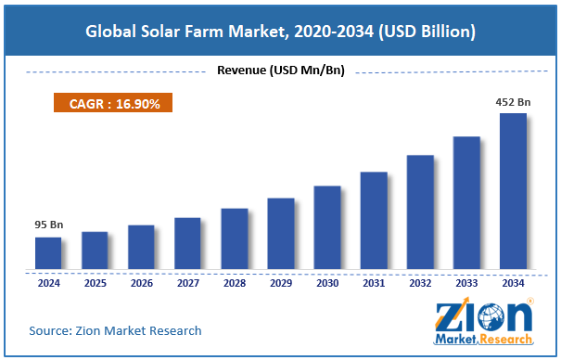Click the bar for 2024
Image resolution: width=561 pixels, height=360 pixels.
48,253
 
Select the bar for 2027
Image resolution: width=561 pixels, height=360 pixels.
187,244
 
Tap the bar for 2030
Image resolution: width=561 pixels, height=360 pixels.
326,228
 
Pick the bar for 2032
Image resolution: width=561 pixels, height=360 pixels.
420,212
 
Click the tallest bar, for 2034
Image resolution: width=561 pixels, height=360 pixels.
513,192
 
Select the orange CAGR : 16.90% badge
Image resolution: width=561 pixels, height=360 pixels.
114,104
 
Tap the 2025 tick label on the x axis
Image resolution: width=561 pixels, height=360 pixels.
95,283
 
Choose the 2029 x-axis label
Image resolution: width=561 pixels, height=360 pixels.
280,283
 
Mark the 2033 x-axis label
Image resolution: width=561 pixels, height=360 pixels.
466,283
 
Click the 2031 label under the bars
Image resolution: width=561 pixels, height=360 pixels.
374,283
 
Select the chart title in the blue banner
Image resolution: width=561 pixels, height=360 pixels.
280,32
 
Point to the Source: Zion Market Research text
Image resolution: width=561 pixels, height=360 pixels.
115,330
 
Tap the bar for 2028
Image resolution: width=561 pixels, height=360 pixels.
234,239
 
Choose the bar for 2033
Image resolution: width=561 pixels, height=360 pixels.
466,203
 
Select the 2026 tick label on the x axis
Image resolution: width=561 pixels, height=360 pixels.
141,283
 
